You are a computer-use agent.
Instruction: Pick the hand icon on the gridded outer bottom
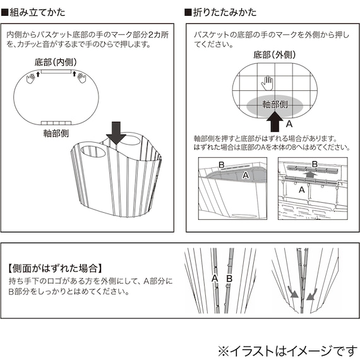click(268, 83)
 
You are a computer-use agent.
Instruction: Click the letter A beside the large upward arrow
click(290, 124)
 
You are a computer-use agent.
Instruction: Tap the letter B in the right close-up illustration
click(314, 164)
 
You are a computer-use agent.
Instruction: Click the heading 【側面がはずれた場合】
click(55, 267)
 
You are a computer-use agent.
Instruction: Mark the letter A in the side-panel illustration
click(215, 278)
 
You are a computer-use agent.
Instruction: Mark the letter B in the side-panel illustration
click(230, 278)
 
